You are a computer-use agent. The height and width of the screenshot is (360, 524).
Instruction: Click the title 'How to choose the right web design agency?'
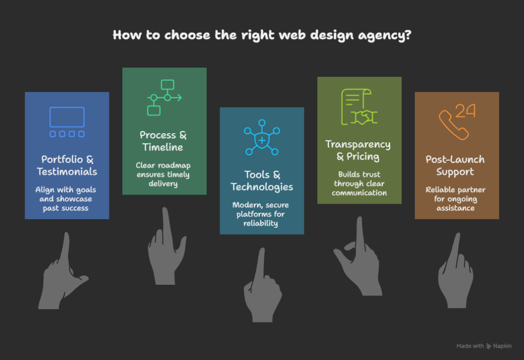pyautogui.click(x=261, y=35)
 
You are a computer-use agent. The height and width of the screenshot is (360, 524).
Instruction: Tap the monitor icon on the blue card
pyautogui.click(x=67, y=122)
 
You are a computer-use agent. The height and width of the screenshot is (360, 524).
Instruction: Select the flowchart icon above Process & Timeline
pyautogui.click(x=164, y=97)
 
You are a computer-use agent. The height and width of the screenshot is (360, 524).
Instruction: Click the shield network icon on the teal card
pyautogui.click(x=262, y=138)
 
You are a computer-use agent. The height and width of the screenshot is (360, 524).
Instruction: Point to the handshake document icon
pyautogui.click(x=359, y=108)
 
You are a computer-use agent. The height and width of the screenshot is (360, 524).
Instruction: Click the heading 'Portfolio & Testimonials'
pyautogui.click(x=67, y=165)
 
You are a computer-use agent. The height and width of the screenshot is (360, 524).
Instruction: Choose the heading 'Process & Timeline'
pyautogui.click(x=164, y=141)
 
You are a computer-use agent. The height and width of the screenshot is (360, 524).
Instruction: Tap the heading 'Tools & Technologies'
pyautogui.click(x=262, y=181)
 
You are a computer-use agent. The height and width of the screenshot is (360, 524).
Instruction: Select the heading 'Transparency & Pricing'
pyautogui.click(x=358, y=150)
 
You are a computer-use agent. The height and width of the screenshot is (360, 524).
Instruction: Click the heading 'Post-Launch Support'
pyautogui.click(x=455, y=165)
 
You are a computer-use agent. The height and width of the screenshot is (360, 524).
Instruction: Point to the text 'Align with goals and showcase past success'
pyautogui.click(x=67, y=199)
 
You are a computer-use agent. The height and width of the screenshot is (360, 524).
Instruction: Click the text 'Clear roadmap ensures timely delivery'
pyautogui.click(x=164, y=175)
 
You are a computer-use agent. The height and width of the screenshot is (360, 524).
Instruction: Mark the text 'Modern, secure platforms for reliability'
pyautogui.click(x=262, y=214)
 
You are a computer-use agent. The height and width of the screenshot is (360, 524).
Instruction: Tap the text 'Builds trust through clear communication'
pyautogui.click(x=359, y=183)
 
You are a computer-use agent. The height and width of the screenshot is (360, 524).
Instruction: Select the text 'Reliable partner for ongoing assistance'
pyautogui.click(x=455, y=199)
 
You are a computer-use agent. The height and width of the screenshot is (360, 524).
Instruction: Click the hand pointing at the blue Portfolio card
pyautogui.click(x=60, y=277)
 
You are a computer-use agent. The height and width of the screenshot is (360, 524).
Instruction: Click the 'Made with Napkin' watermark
pyautogui.click(x=484, y=346)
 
